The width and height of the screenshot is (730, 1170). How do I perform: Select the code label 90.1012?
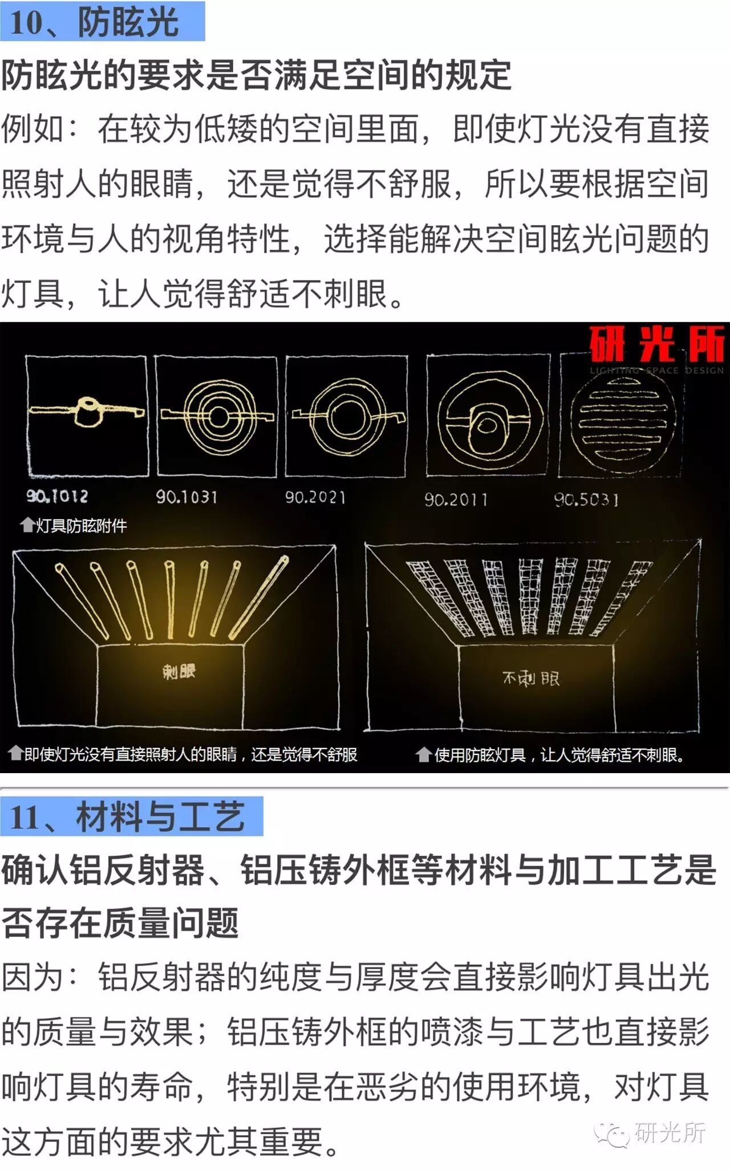[x=57, y=496]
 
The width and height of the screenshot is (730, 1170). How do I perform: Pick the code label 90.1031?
[x=187, y=497]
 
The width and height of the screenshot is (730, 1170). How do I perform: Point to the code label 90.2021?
[x=315, y=498]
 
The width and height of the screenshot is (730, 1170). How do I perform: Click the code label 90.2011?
[x=456, y=500]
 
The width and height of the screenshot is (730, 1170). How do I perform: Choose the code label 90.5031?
[x=586, y=500]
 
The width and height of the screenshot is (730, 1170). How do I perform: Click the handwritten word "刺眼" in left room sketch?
[x=179, y=672]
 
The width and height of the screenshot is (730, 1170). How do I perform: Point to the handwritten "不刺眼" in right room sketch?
[x=531, y=679]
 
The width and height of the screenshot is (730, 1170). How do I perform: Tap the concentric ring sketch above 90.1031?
[x=217, y=416]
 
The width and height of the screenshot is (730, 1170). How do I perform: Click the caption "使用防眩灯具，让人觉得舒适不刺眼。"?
[x=559, y=755]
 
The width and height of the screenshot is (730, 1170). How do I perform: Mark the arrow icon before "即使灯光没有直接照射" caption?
[x=15, y=754]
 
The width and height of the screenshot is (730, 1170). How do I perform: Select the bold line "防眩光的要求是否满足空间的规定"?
[x=257, y=75]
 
